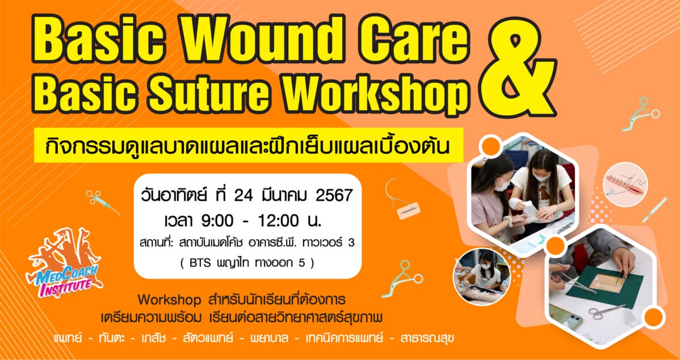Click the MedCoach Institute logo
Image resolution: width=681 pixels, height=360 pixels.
65,262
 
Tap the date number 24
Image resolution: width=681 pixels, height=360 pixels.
243,195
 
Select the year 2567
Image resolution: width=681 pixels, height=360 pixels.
334,195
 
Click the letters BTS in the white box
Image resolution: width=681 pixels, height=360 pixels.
200,263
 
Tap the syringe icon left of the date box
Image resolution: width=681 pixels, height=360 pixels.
102,202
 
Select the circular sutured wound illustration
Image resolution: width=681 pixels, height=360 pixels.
625,185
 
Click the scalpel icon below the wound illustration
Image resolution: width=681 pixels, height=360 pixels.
654,210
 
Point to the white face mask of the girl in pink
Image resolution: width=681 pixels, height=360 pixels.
501,185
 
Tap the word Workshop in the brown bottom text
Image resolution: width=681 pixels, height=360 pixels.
169,300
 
